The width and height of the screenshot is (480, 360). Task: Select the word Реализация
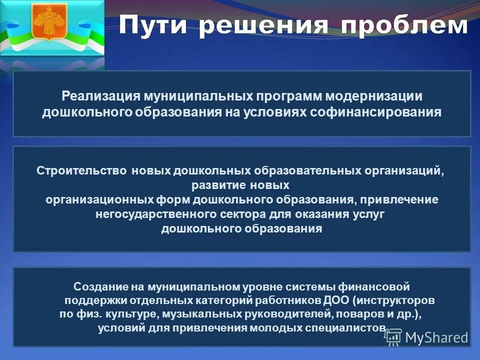click(100, 95)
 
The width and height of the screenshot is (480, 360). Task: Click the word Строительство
click(82, 170)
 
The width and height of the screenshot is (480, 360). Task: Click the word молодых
click(270, 328)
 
